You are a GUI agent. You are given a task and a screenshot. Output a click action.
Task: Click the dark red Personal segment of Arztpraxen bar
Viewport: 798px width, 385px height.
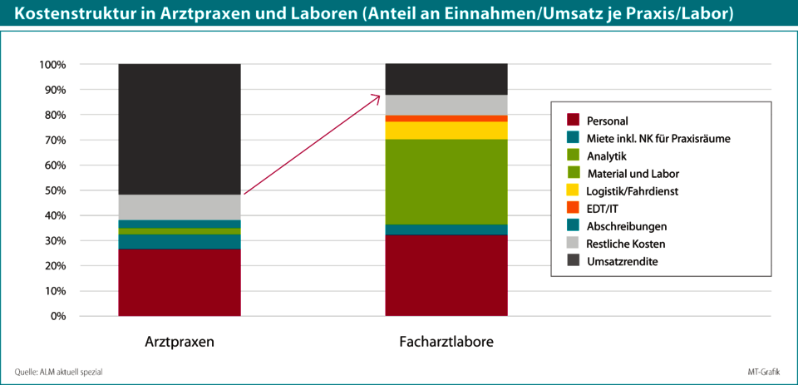tap(180, 283)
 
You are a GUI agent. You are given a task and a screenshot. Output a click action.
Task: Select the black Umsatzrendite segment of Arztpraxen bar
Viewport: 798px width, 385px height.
tap(180, 129)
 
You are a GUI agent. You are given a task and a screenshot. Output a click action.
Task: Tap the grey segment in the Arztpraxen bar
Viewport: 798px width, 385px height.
tap(180, 207)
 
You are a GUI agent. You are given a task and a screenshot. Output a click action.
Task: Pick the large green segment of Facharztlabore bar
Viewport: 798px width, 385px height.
tap(446, 181)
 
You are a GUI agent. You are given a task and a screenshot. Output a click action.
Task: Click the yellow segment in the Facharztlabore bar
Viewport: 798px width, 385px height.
tap(446, 131)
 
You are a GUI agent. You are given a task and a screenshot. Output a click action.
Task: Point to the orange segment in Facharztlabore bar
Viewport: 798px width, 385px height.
tap(446, 119)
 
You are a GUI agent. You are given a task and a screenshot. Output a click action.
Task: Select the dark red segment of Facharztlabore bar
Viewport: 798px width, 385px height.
tap(446, 275)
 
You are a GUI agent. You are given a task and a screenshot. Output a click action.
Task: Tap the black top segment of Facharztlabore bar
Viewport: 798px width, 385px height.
tap(446, 79)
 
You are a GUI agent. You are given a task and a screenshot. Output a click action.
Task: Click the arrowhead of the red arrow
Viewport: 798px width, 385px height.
tap(377, 98)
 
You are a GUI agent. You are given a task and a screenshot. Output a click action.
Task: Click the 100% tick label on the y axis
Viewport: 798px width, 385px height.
tap(52, 65)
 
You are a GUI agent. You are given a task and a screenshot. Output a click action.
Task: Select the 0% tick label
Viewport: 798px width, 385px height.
tap(57, 317)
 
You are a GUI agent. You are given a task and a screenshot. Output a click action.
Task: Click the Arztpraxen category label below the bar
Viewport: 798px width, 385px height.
tap(179, 342)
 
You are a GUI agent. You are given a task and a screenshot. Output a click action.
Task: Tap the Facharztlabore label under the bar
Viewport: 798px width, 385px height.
tap(446, 342)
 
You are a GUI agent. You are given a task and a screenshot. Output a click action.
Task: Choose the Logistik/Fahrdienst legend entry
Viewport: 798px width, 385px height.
tap(633, 191)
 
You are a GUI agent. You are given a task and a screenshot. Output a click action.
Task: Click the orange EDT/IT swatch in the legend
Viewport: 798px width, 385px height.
tap(572, 209)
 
